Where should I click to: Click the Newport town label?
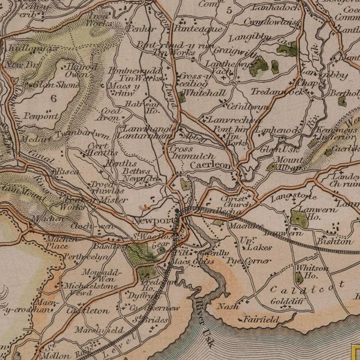(153, 220)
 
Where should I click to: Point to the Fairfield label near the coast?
(261, 319)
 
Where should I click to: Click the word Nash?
(228, 307)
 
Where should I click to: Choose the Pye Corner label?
(249, 260)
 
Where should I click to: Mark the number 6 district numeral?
(53, 97)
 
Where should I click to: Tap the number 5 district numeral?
(229, 10)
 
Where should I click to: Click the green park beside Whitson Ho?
(297, 277)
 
